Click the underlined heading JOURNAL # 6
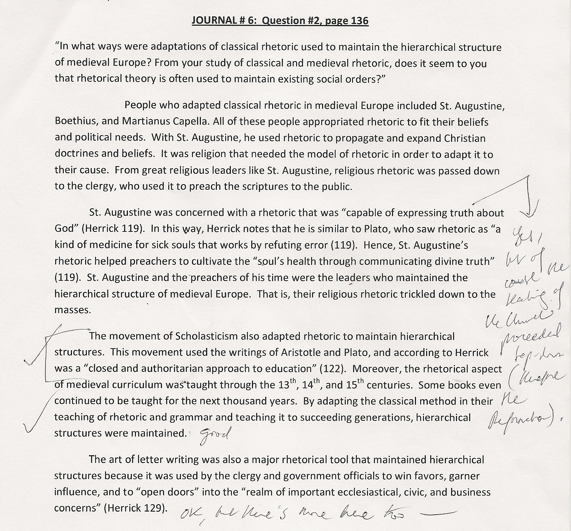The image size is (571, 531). (280, 21)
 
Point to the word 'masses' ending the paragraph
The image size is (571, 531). (73, 310)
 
